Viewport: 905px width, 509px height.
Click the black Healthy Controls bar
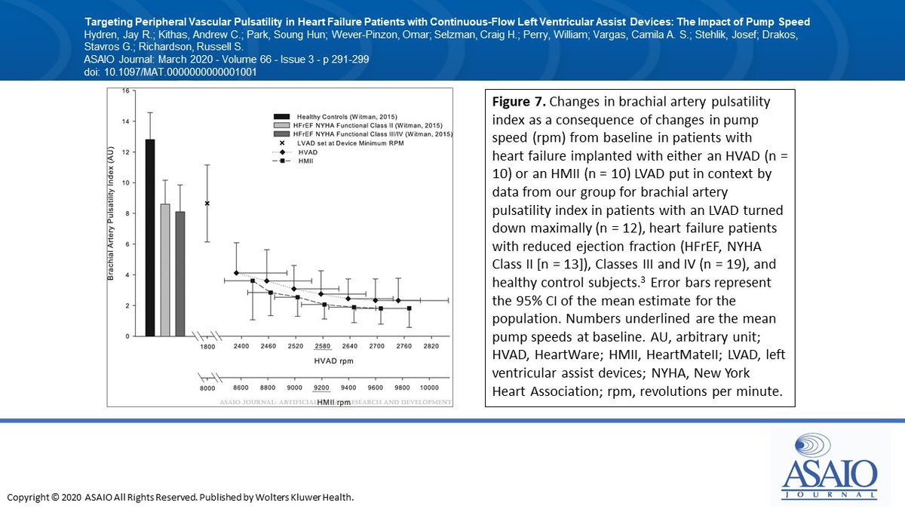tap(150, 238)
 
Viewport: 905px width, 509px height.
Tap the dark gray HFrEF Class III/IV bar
tap(180, 274)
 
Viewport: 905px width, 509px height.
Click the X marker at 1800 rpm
tap(207, 204)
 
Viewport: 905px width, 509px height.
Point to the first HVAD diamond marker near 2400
tap(237, 273)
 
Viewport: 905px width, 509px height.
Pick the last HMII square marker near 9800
tap(410, 308)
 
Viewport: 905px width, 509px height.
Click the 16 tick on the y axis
tap(125, 90)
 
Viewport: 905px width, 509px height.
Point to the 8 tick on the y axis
tap(127, 213)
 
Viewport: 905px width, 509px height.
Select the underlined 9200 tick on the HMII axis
tap(322, 387)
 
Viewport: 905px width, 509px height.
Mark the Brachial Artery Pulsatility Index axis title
tap(111, 213)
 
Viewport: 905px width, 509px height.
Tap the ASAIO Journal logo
tap(829, 467)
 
